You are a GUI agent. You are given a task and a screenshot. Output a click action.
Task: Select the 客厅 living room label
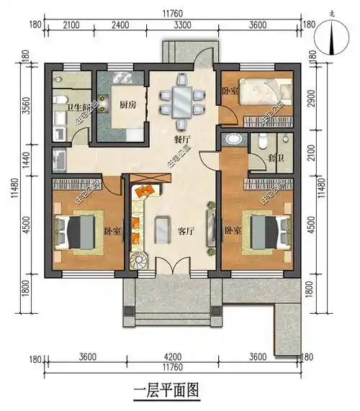point(186,232)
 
